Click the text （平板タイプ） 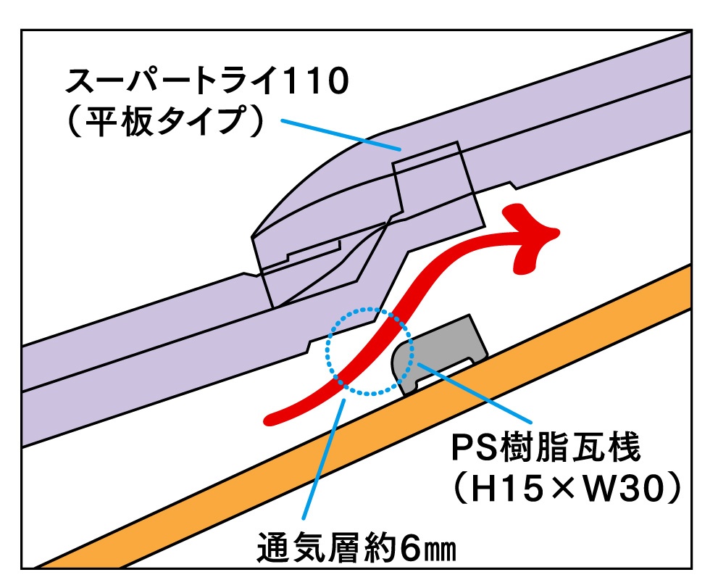point(162,123)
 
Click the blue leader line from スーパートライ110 point(341,136)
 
